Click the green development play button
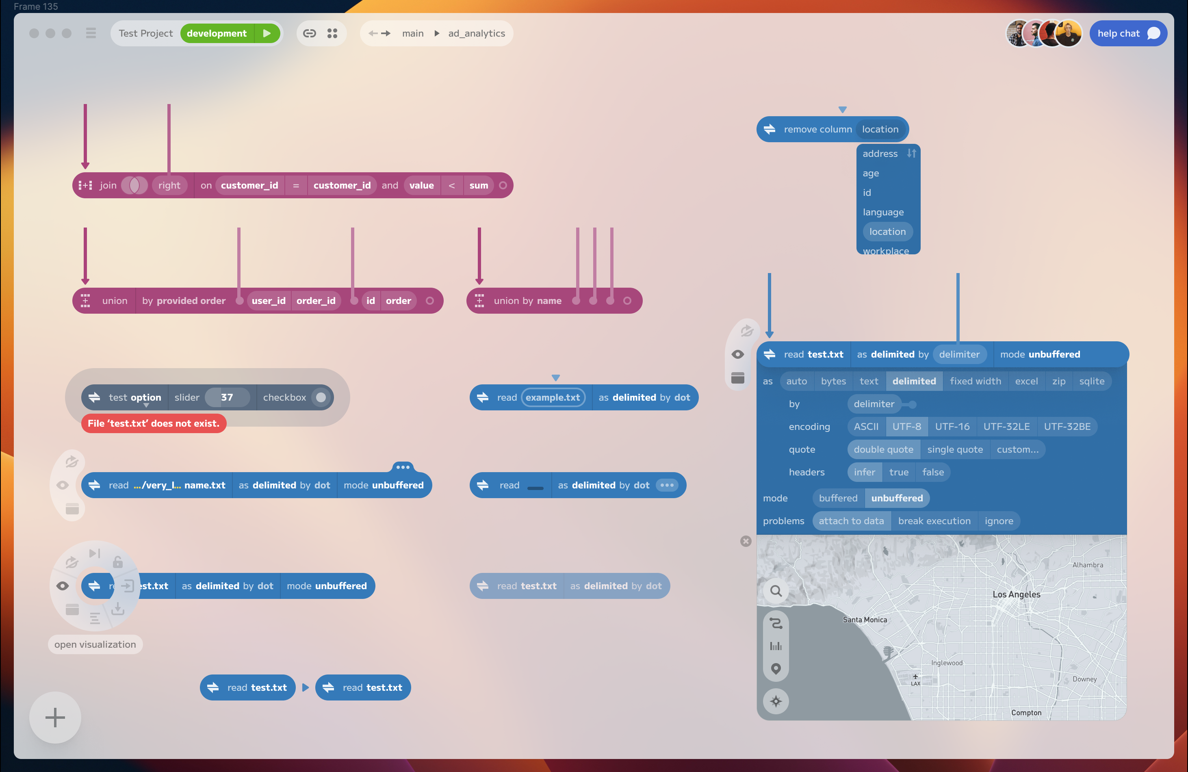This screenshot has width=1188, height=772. point(267,33)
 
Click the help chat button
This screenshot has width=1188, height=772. point(1127,33)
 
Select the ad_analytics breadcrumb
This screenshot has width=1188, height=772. point(476,33)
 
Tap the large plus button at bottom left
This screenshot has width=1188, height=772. point(55,717)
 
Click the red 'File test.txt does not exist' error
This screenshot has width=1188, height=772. point(153,423)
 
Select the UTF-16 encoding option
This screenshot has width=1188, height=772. point(952,427)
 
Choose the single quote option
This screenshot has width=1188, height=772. point(954,449)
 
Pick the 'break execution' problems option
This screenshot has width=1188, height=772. point(934,521)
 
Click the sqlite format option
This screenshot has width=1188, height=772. point(1091,381)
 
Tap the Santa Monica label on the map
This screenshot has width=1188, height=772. point(865,620)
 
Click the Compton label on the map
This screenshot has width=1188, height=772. point(1026,713)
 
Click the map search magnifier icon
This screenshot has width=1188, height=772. point(776,591)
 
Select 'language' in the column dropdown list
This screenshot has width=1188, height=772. point(883,212)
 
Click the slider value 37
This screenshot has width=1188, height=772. point(227,397)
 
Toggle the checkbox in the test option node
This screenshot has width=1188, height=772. point(321,397)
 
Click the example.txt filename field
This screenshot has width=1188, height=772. point(553,397)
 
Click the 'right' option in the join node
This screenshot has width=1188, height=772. point(169,185)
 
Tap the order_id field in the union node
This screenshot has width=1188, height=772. point(315,300)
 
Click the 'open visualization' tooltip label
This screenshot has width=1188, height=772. point(95,644)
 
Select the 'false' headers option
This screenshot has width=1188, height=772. point(932,472)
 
